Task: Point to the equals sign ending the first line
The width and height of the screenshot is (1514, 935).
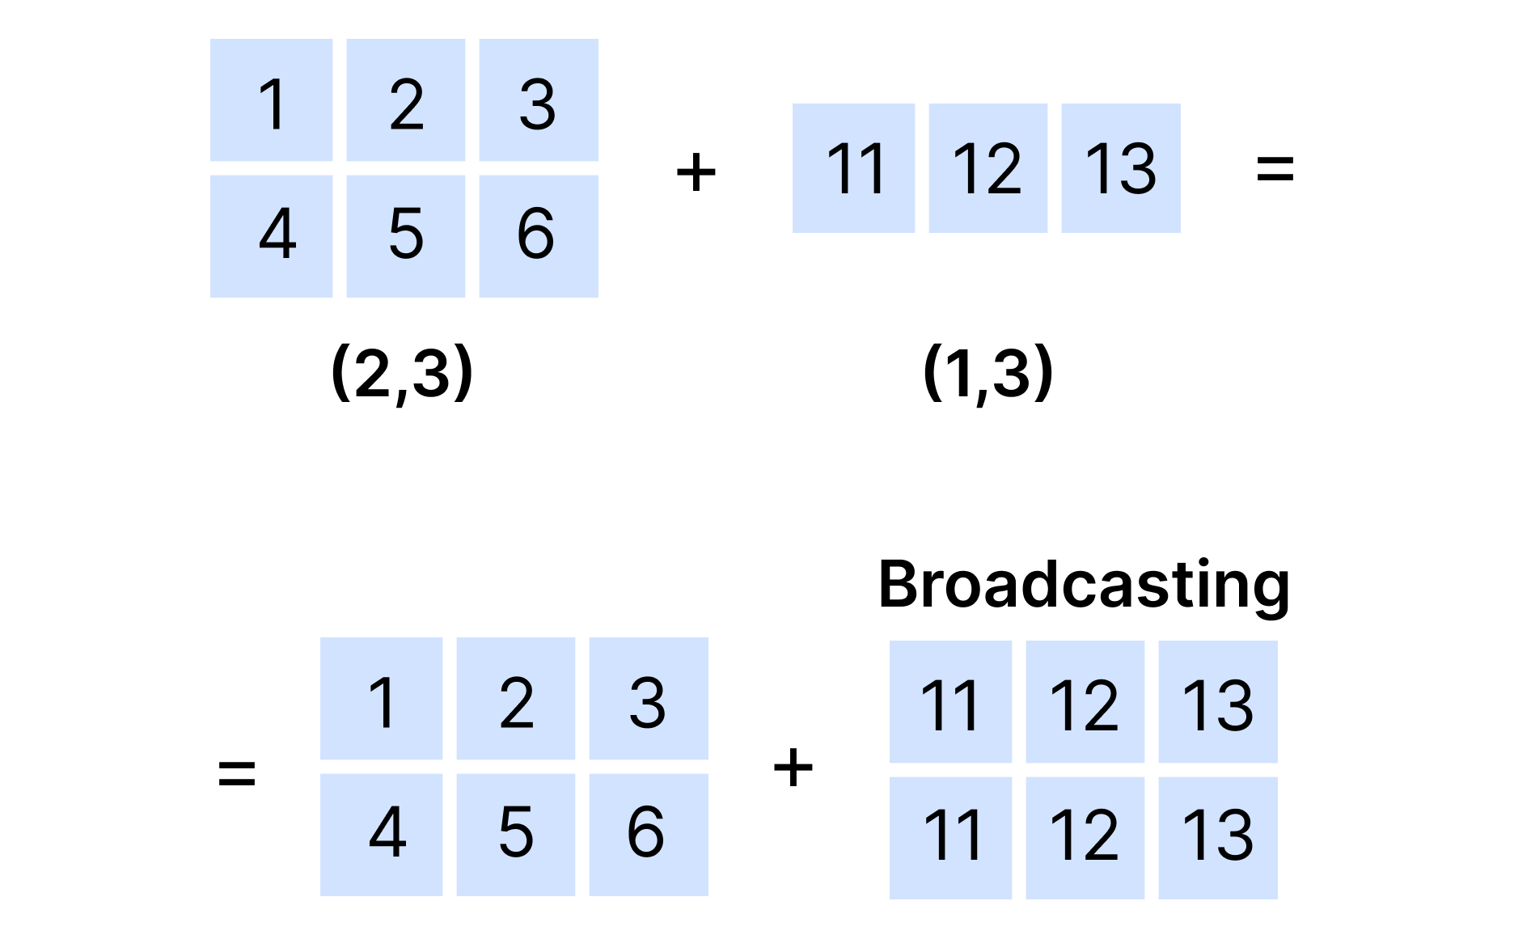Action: tap(1275, 169)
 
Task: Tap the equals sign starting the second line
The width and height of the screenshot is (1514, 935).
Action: tap(237, 772)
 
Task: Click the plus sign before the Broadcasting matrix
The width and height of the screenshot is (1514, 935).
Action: tap(793, 767)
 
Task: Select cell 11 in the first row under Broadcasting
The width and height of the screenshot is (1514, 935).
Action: tap(950, 701)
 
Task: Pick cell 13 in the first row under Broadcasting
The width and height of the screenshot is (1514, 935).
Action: tap(1218, 701)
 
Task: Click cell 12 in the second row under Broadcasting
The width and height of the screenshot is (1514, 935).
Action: tap(1085, 838)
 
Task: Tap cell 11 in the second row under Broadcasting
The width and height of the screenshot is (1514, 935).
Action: tap(950, 838)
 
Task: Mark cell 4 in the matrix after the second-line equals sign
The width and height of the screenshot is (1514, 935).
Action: tap(381, 835)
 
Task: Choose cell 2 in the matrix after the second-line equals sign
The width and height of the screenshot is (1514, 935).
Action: tap(516, 699)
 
